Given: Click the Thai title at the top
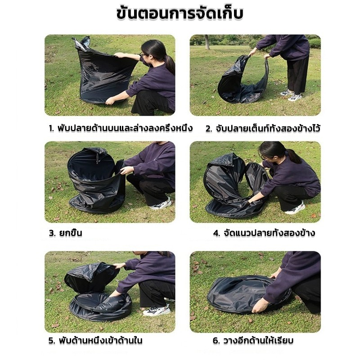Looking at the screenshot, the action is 180,14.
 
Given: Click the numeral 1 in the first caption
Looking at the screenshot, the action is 51,128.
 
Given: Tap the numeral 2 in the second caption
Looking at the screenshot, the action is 208,129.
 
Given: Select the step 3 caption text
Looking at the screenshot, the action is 65,233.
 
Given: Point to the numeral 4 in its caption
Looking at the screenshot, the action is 216,233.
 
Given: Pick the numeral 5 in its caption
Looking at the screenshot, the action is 51,341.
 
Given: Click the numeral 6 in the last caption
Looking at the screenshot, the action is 216,341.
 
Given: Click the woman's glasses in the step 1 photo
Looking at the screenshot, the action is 143,55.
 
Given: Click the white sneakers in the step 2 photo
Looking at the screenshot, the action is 291,95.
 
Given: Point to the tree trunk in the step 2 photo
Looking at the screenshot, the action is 207,42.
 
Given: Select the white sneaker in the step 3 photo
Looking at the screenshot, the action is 161,204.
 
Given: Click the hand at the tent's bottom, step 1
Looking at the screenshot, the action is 110,100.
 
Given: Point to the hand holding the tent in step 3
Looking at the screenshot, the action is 126,170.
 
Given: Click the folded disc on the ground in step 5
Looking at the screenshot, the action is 100,306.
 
